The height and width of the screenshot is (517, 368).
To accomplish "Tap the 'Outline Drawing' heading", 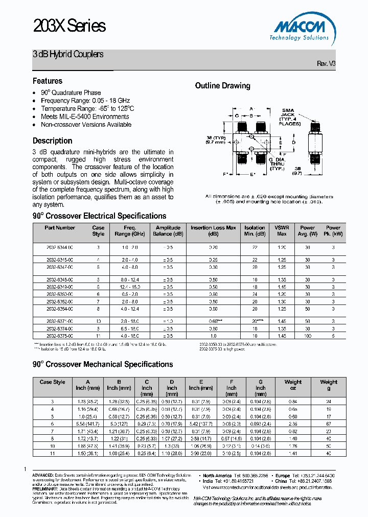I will click(x=223, y=86).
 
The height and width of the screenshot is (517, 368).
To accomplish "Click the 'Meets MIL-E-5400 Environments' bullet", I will click(x=85, y=116).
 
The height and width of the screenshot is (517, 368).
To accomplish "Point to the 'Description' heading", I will click(x=52, y=140).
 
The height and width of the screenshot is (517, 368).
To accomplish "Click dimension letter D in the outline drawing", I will click(x=293, y=142).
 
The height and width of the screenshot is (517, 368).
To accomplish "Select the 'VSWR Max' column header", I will click(x=282, y=231).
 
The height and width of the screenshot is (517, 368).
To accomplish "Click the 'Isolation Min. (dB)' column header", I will click(x=255, y=231).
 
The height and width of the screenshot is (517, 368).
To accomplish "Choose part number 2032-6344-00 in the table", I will click(x=60, y=247).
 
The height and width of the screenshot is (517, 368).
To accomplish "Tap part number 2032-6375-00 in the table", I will click(x=60, y=336).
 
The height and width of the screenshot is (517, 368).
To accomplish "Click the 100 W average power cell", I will click(x=307, y=336).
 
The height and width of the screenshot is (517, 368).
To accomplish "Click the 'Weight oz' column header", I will click(x=293, y=385).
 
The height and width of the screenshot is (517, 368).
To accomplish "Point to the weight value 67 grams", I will click(x=329, y=424).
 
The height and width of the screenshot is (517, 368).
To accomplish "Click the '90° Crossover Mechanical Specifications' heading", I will click(x=103, y=364).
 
